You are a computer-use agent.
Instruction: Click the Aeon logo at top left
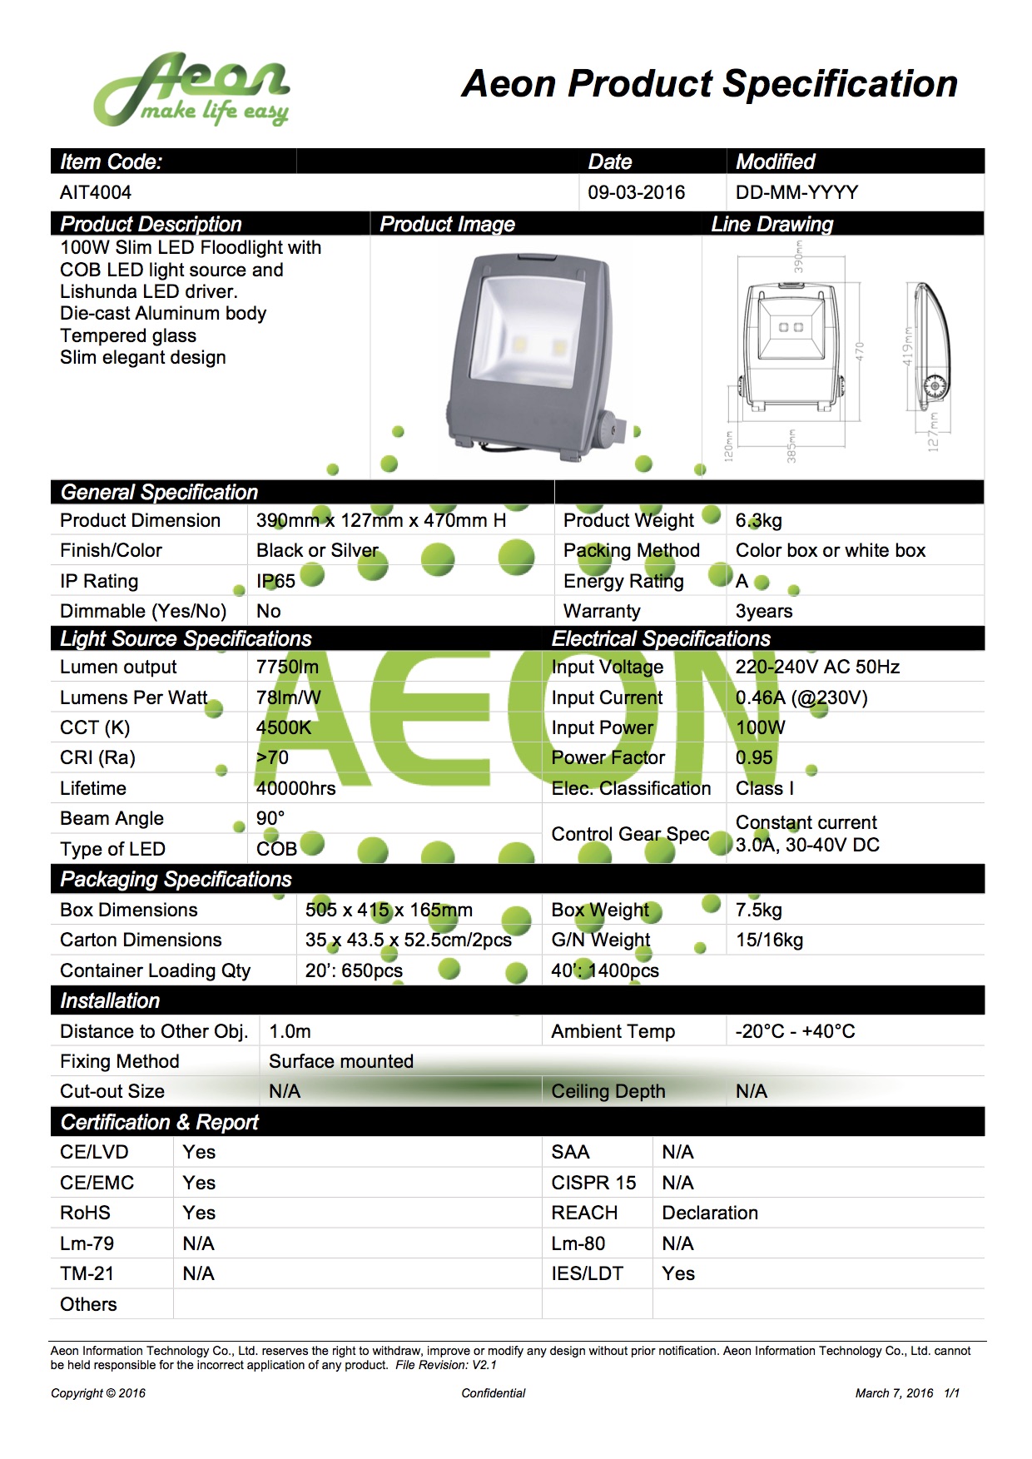click(191, 90)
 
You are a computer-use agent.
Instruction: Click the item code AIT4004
click(96, 192)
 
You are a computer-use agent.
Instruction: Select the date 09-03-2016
click(636, 192)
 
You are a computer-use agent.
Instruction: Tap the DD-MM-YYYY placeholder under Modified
click(796, 192)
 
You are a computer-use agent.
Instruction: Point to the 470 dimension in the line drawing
click(860, 351)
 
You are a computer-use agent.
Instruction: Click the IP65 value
click(275, 581)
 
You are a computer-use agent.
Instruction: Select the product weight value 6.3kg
click(758, 521)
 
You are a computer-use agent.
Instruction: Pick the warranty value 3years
click(763, 611)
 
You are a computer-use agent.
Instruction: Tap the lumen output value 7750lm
click(287, 667)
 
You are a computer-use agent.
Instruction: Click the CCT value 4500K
click(283, 727)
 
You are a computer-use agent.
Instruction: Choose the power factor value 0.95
click(754, 757)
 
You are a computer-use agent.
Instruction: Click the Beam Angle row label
click(112, 818)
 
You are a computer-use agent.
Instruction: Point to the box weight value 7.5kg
click(758, 910)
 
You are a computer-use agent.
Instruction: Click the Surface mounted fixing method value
click(340, 1061)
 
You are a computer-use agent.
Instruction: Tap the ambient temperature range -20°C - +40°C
click(795, 1031)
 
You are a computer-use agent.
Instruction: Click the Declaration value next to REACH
click(710, 1213)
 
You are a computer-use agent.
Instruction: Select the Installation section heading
click(110, 1000)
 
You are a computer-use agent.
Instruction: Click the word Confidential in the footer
click(494, 1393)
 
